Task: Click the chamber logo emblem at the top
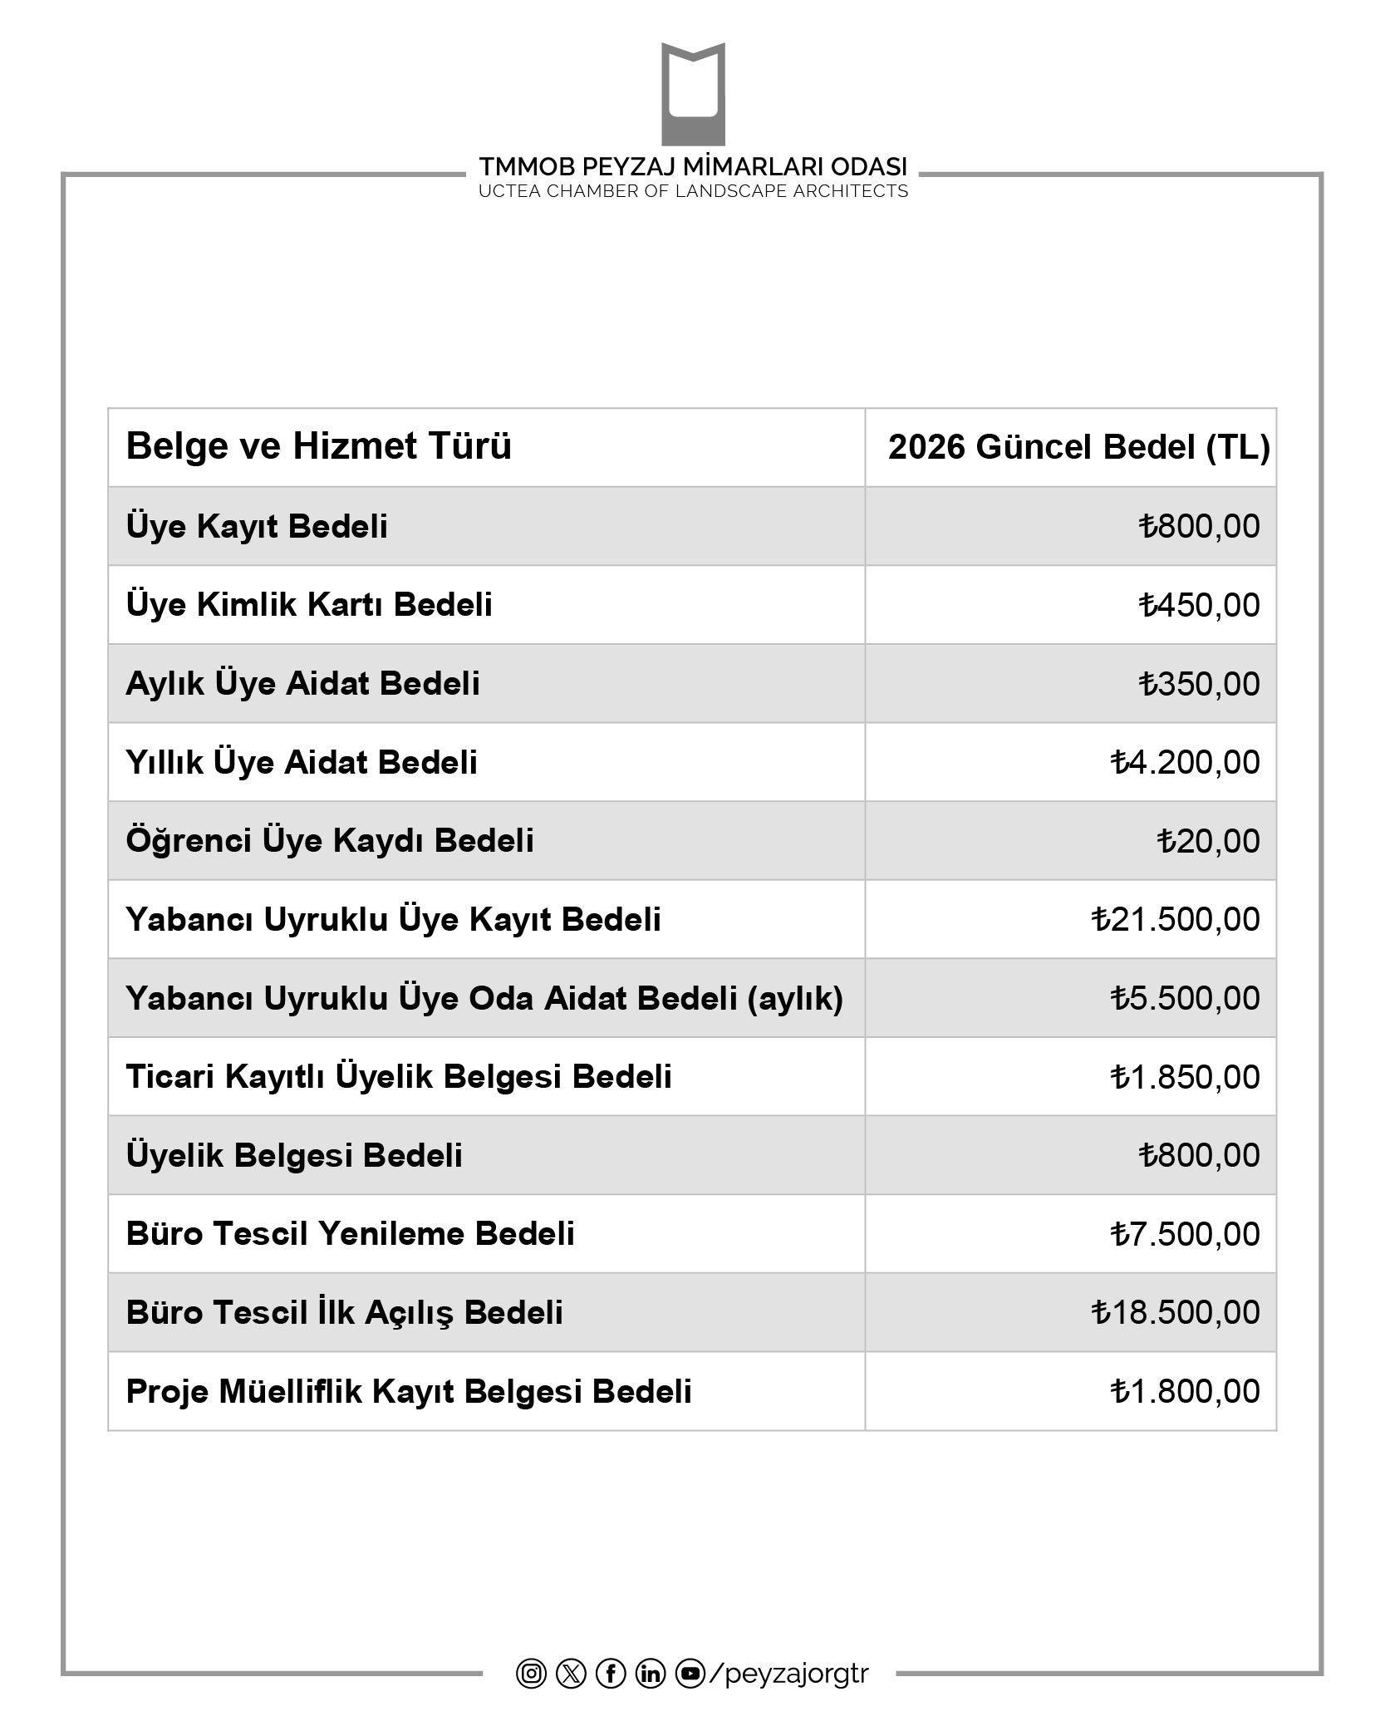coord(693,94)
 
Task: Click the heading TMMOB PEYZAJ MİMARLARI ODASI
coord(693,166)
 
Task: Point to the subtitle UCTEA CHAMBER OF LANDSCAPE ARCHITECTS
coord(693,191)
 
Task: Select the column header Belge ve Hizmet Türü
coord(318,446)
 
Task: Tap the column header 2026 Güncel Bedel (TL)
coord(1078,447)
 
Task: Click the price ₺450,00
coord(1199,605)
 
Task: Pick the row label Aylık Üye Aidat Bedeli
coord(302,683)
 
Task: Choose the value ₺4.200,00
coord(1185,762)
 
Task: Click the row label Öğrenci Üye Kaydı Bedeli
coord(330,840)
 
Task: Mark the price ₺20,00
coord(1208,841)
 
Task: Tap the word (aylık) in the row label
coord(795,998)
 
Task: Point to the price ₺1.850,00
coord(1185,1077)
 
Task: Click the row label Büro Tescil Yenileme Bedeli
coord(350,1234)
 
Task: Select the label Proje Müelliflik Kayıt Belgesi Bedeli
coord(409,1391)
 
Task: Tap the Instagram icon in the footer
coord(531,1673)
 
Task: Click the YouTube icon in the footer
coord(690,1673)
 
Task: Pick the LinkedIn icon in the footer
coord(651,1673)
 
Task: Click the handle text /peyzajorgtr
coord(789,1674)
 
